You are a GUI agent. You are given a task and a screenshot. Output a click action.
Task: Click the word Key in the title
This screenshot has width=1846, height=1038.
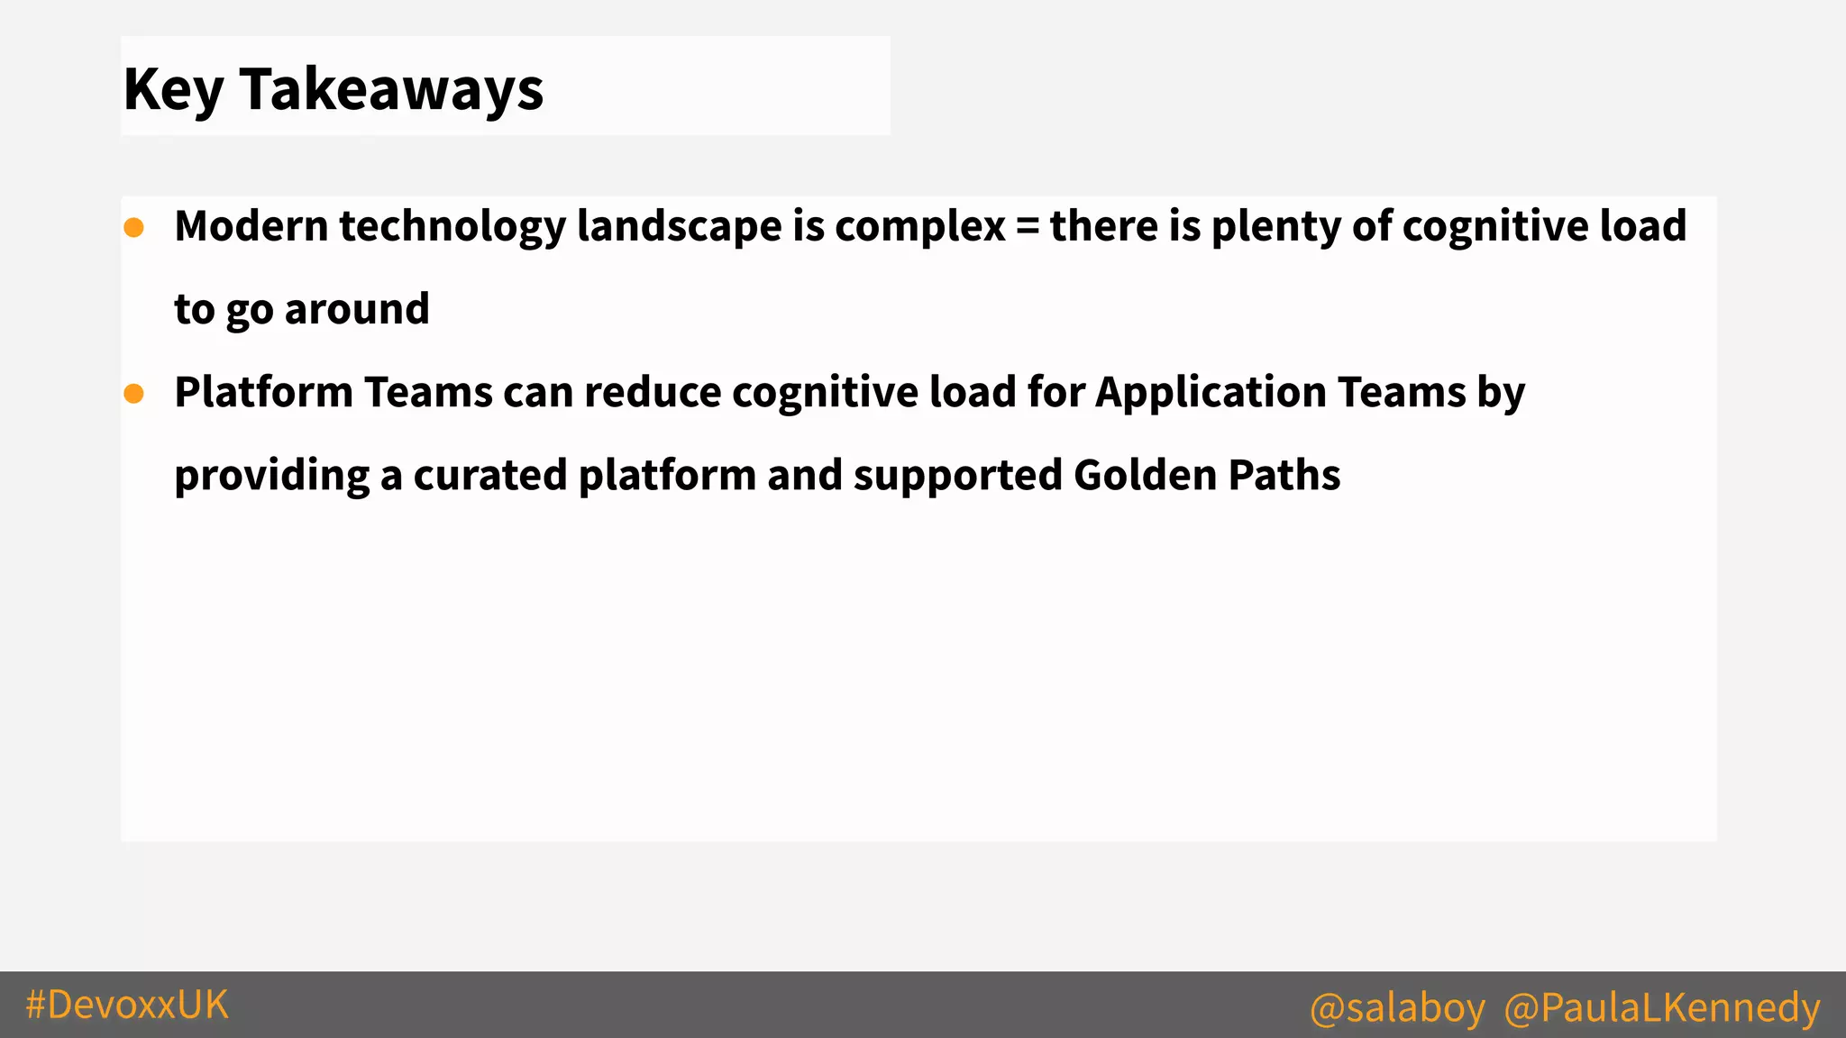point(173,90)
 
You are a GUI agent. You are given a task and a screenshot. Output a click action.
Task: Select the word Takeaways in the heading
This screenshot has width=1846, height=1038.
point(391,90)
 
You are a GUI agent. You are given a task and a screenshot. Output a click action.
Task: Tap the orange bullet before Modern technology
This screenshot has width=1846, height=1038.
point(134,228)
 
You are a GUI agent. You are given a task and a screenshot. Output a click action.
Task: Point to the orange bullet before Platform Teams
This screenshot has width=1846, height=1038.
point(134,394)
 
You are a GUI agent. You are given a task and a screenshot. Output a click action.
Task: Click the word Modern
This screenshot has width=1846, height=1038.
point(251,226)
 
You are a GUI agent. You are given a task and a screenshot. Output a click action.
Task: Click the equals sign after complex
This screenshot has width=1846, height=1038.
point(1027,227)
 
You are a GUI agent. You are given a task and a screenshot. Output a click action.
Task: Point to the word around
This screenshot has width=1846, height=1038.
point(357,310)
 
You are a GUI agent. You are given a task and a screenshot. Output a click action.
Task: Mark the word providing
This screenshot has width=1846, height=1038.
point(271,477)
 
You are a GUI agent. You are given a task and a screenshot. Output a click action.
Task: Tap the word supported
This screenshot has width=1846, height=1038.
point(957,477)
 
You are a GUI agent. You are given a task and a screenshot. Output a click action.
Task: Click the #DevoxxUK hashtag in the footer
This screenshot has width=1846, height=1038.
point(127,1005)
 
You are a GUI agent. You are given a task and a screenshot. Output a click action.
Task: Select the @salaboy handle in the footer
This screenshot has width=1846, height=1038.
point(1397,1007)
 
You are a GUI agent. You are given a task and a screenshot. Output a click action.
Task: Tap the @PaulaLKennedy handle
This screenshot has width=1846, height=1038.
point(1662,1007)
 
